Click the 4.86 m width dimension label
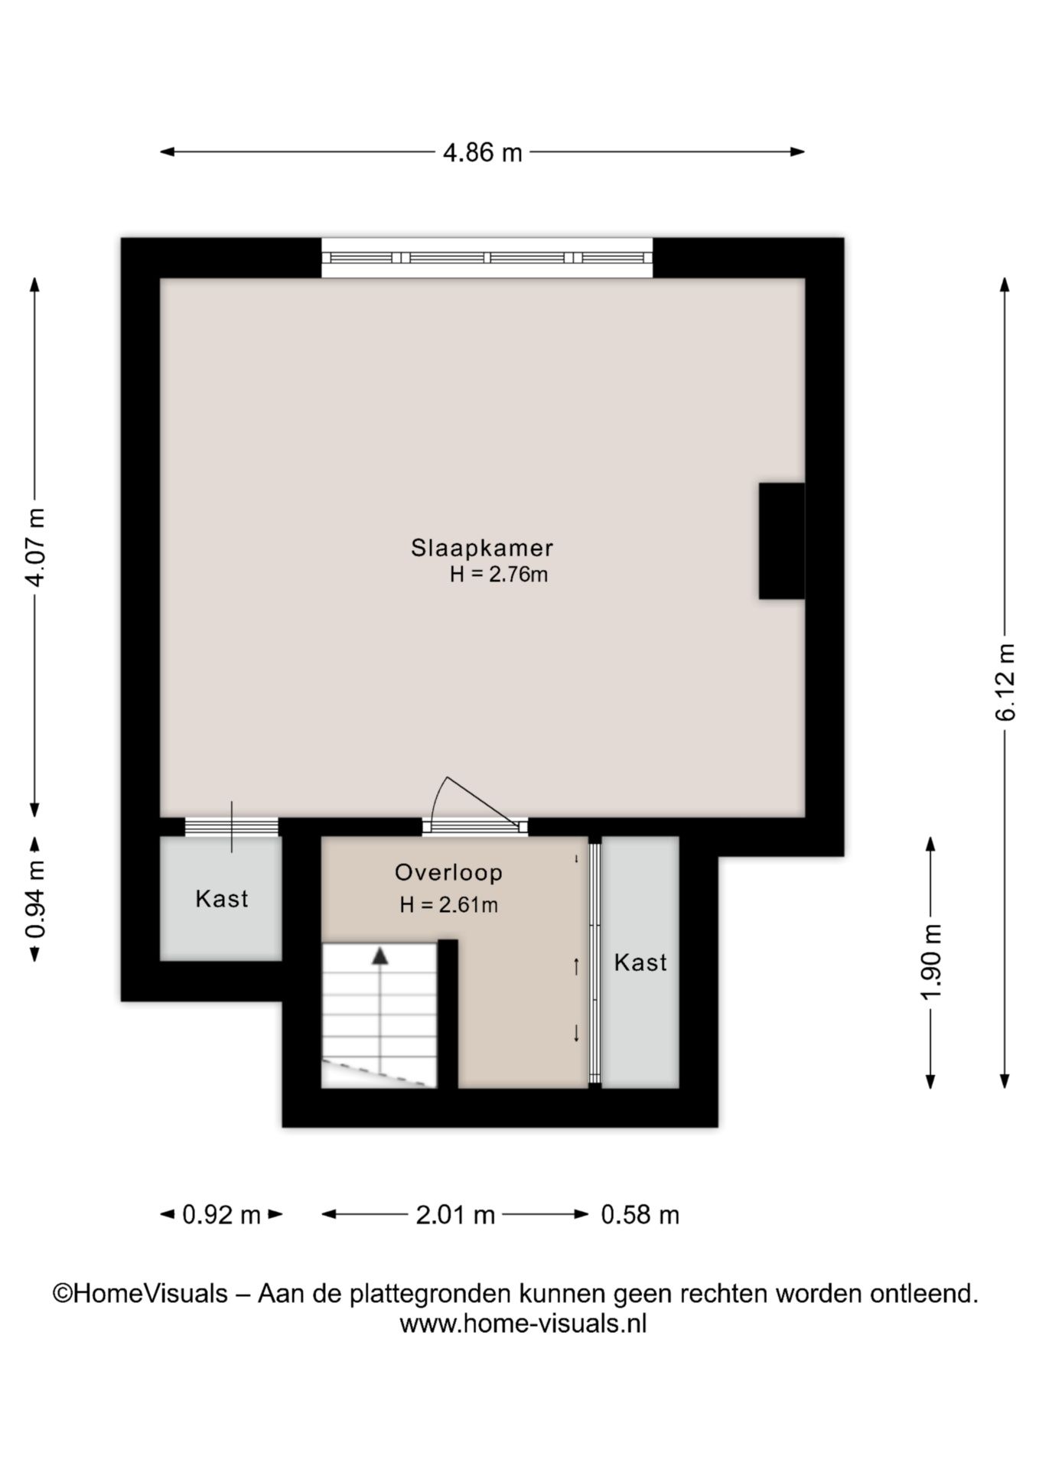(483, 152)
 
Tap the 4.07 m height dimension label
(35, 546)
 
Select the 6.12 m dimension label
(1005, 681)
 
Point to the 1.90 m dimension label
(931, 962)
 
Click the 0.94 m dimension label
(35, 898)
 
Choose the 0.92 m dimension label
(221, 1214)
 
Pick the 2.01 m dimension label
(455, 1214)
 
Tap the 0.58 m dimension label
(640, 1214)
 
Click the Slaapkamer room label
(482, 548)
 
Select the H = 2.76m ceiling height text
(499, 575)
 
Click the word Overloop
(448, 872)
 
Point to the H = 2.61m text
(448, 905)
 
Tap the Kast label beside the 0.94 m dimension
(222, 898)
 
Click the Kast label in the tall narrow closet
(640, 962)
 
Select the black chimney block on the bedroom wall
(782, 541)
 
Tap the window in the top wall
(487, 258)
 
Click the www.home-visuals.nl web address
(523, 1323)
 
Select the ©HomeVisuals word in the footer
(140, 1294)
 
